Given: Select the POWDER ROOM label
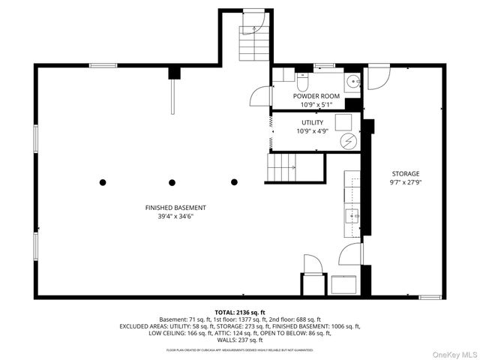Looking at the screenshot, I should (316, 96).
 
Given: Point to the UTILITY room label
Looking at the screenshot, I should (313, 121).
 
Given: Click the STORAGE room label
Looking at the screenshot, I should (404, 173).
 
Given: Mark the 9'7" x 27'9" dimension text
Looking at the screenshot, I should (404, 182).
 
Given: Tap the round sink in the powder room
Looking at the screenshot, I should (352, 82).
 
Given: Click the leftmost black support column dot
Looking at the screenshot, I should (103, 182).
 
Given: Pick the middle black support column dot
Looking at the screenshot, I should (172, 182).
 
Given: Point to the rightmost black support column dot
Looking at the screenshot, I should (234, 182).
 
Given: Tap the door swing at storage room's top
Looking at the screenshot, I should (378, 74).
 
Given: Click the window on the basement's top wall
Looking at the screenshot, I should (103, 66).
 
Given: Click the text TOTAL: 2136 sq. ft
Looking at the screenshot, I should (240, 311).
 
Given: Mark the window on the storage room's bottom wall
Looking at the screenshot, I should (429, 297).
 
